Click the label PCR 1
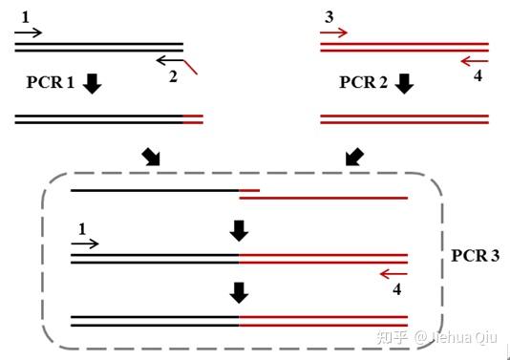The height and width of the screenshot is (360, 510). (50, 83)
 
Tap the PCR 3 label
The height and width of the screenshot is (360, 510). (475, 256)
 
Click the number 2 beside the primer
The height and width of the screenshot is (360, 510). (173, 76)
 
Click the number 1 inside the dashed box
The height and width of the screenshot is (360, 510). (80, 228)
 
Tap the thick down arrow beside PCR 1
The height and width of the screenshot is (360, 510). (92, 84)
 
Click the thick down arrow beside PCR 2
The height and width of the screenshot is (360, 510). (404, 84)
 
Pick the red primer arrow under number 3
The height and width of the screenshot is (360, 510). (333, 33)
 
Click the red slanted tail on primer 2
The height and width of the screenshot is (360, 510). (192, 67)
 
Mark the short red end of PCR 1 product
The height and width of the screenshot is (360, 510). (193, 118)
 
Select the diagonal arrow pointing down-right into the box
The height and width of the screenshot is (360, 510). (151, 156)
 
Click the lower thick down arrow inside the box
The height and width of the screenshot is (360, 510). (239, 291)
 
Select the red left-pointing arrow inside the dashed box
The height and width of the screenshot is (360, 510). (393, 274)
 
